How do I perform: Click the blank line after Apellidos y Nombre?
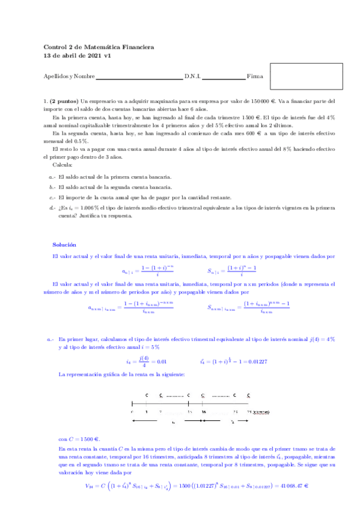pyautogui.click(x=139, y=78)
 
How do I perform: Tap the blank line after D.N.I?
pyautogui.click(x=224, y=78)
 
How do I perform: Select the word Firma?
pyautogui.click(x=255, y=77)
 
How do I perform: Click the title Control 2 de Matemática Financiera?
pyautogui.click(x=99, y=47)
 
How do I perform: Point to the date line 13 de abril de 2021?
pyautogui.click(x=78, y=56)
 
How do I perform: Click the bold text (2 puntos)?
pyautogui.click(x=64, y=103)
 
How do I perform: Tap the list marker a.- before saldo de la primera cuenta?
pyautogui.click(x=52, y=177)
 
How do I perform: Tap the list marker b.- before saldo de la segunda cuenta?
pyautogui.click(x=52, y=187)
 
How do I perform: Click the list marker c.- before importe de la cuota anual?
pyautogui.click(x=52, y=197)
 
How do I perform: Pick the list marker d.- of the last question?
pyautogui.click(x=52, y=207)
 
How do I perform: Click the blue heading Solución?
pyautogui.click(x=64, y=245)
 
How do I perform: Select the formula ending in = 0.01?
pyautogui.click(x=145, y=361)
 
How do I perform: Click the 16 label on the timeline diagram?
pyautogui.click(x=204, y=411)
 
